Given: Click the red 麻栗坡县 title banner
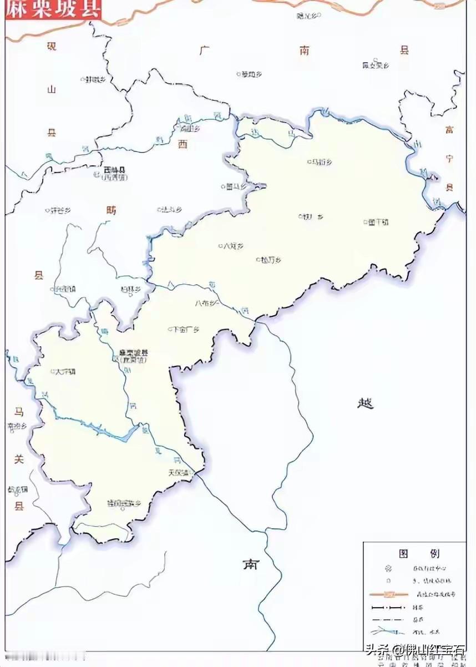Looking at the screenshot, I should click(x=54, y=9).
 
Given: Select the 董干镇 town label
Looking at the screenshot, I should click(x=378, y=222).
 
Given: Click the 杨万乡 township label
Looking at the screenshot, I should click(x=271, y=259).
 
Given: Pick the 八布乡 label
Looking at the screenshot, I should click(x=207, y=303).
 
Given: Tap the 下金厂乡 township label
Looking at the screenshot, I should click(x=185, y=329).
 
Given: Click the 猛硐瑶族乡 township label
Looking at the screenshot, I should click(x=124, y=503).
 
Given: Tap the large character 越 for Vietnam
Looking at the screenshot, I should click(x=365, y=403).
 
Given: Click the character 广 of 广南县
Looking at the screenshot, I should click(x=205, y=50).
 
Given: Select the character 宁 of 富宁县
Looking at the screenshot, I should click(x=449, y=159).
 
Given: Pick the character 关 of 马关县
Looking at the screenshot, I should click(x=19, y=459).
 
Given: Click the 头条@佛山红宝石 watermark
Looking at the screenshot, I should click(x=414, y=649).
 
